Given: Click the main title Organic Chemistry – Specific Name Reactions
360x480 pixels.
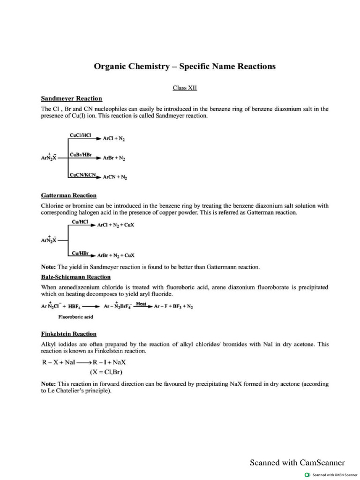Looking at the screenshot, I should point(185,66).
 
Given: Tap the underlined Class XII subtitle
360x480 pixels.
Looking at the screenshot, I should point(185,87).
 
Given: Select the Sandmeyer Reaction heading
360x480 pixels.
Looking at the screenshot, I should point(71,98).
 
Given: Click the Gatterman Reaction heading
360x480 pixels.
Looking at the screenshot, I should point(69,195).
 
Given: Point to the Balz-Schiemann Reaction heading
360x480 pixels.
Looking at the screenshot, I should point(76,277).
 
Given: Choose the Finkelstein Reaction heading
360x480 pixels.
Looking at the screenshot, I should point(69,334).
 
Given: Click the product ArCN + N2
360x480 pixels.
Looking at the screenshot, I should point(114,178).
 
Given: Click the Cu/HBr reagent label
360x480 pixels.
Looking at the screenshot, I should point(80,253).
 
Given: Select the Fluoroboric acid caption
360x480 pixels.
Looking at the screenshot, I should point(75,317).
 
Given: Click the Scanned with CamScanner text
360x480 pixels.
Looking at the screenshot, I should point(297,463).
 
